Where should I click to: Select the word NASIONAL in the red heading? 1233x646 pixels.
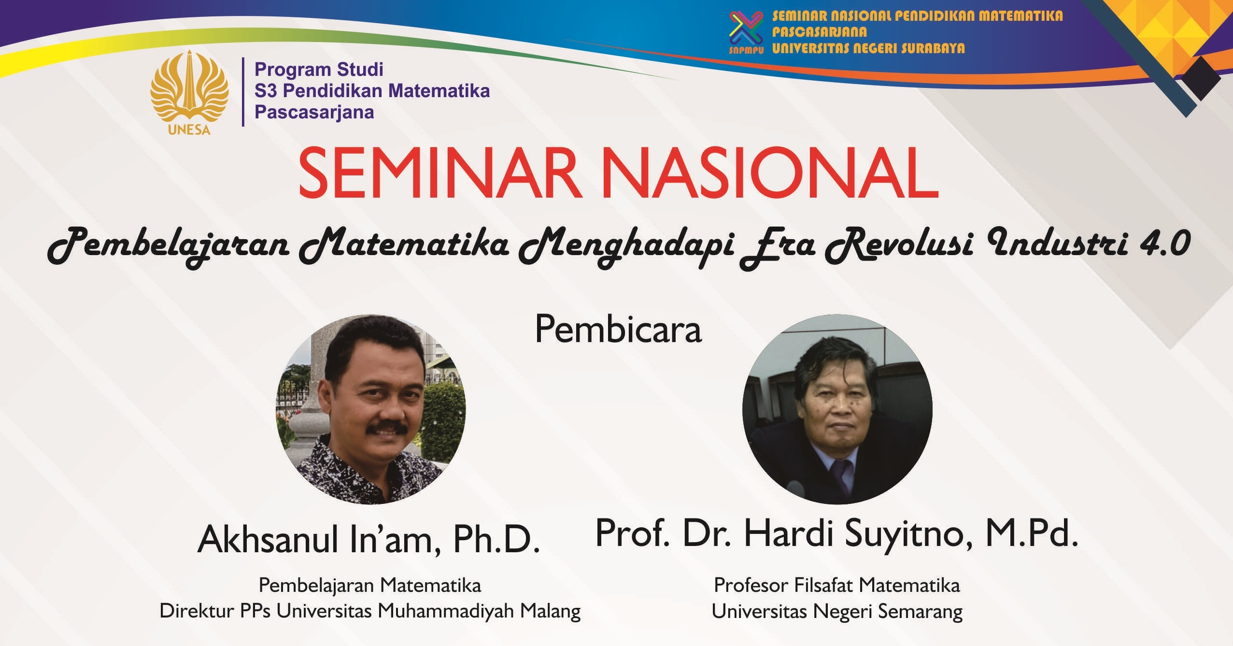[770, 173]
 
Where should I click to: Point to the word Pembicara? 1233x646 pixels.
[618, 330]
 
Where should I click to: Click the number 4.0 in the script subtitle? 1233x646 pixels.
[1164, 243]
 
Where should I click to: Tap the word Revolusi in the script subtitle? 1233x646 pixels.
[899, 245]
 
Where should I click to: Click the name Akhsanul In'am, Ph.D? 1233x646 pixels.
[369, 540]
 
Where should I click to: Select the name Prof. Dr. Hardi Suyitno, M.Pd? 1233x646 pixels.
[837, 533]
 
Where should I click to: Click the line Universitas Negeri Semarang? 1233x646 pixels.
[837, 612]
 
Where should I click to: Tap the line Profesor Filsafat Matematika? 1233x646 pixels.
[837, 585]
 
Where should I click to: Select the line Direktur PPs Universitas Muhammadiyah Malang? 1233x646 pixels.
[370, 611]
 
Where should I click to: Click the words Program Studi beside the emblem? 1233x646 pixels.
[319, 70]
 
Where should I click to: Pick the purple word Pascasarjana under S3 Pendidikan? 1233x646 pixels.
[314, 112]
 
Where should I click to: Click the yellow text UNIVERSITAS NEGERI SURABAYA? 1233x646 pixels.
[868, 48]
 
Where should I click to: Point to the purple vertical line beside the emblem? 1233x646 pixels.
[243, 92]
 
